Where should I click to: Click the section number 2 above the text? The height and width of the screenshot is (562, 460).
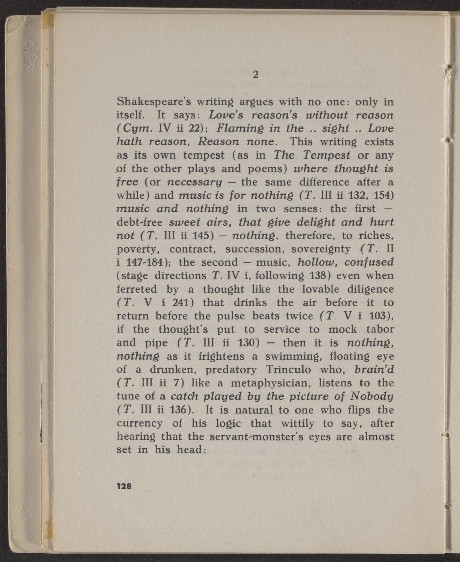(255, 74)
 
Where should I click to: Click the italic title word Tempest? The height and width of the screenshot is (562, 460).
(327, 155)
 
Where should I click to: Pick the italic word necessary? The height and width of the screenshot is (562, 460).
(195, 182)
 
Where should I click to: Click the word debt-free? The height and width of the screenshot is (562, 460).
(140, 222)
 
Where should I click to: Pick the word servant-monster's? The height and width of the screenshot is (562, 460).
(256, 437)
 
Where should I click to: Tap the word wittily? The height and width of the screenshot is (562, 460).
(298, 423)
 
